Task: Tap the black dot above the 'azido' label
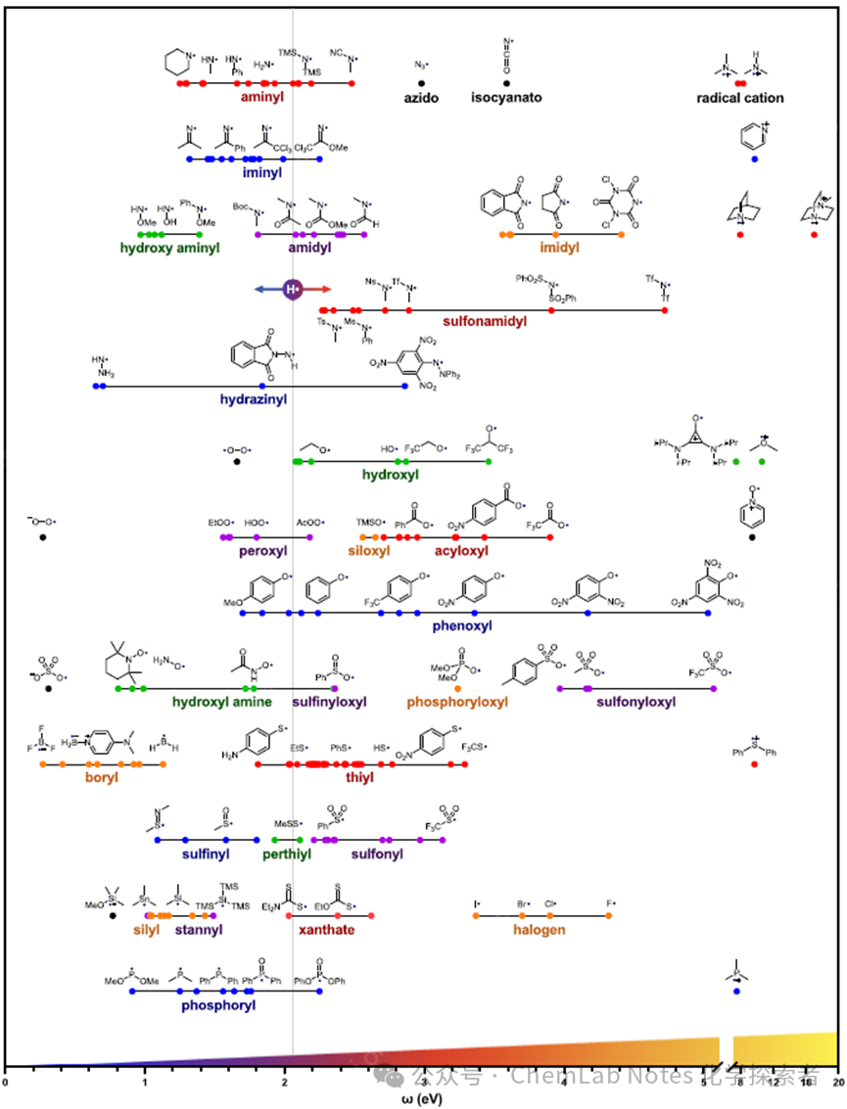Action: click(x=421, y=84)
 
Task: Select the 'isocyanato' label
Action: click(x=505, y=98)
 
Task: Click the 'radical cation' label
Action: click(x=739, y=98)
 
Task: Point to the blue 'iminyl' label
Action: click(x=262, y=172)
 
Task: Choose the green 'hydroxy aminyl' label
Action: click(x=169, y=248)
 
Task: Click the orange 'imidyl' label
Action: click(x=558, y=248)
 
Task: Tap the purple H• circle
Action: click(x=292, y=289)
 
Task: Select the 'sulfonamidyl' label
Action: click(x=485, y=321)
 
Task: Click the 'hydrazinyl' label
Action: click(x=253, y=399)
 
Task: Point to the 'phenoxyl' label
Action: click(x=461, y=625)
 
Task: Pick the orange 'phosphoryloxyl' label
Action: click(x=457, y=702)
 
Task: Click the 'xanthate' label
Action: click(x=326, y=929)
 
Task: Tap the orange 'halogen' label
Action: click(x=539, y=929)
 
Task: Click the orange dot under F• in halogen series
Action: click(x=608, y=916)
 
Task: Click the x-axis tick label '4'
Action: click(x=564, y=1082)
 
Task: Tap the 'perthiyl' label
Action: click(x=286, y=854)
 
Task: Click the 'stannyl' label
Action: click(x=199, y=929)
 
